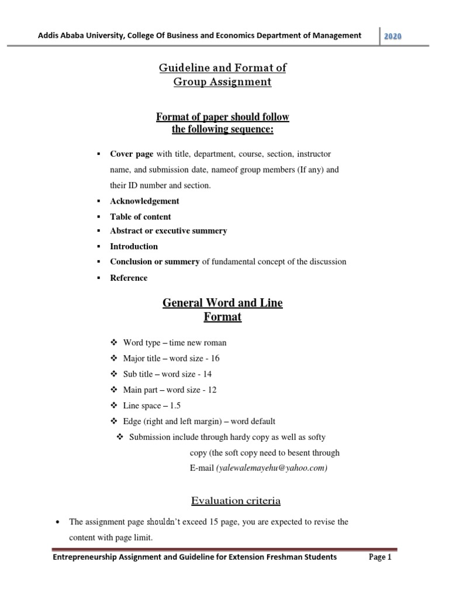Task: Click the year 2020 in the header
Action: click(x=393, y=36)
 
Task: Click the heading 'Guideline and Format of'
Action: click(x=223, y=68)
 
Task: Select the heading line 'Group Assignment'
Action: click(x=223, y=82)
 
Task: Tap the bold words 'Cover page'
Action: click(x=132, y=154)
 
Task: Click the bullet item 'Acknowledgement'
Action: click(x=144, y=201)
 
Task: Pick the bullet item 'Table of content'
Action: click(x=140, y=216)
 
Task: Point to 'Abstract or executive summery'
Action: click(x=168, y=230)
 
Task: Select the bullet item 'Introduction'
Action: click(x=134, y=246)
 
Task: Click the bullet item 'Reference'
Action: click(x=129, y=278)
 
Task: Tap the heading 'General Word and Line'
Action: click(x=222, y=304)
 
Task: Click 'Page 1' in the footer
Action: click(x=379, y=557)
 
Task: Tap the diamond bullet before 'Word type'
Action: click(x=114, y=342)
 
